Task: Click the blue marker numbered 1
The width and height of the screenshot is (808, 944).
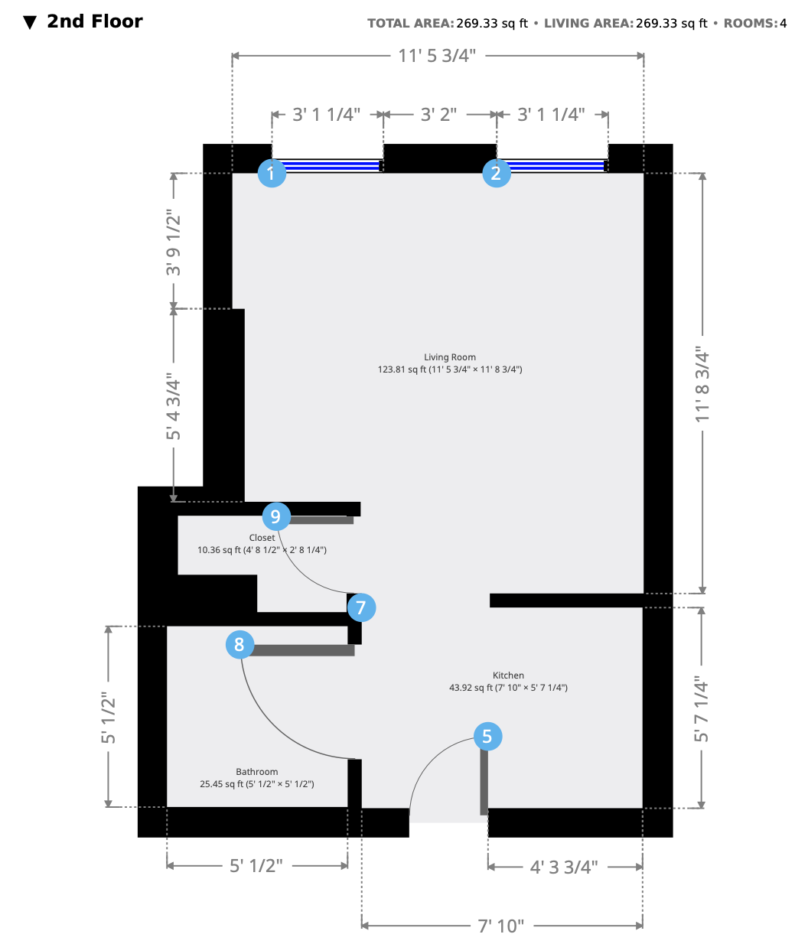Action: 272,173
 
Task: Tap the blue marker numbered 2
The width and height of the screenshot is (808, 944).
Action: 497,173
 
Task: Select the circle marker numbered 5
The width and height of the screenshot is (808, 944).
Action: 487,736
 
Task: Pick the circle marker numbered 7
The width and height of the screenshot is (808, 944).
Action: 361,607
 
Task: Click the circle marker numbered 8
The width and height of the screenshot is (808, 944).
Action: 239,644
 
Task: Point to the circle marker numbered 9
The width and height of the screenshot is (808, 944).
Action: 276,516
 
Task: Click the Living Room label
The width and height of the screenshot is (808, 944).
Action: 449,357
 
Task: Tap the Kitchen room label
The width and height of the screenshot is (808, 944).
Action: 508,675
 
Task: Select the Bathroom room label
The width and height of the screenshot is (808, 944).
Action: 256,771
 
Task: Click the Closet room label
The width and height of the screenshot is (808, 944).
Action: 262,538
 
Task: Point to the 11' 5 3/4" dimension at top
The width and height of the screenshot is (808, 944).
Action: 437,56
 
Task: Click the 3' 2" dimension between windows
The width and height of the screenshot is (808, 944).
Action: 438,115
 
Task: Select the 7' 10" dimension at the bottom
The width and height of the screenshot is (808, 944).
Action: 500,926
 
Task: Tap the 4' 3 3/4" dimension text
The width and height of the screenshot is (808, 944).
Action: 564,867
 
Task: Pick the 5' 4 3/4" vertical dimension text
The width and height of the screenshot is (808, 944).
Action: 173,406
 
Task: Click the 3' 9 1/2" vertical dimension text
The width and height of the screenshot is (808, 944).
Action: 173,243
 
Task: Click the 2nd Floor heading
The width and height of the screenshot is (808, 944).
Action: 95,21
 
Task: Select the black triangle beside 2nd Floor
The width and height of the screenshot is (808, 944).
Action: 30,22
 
